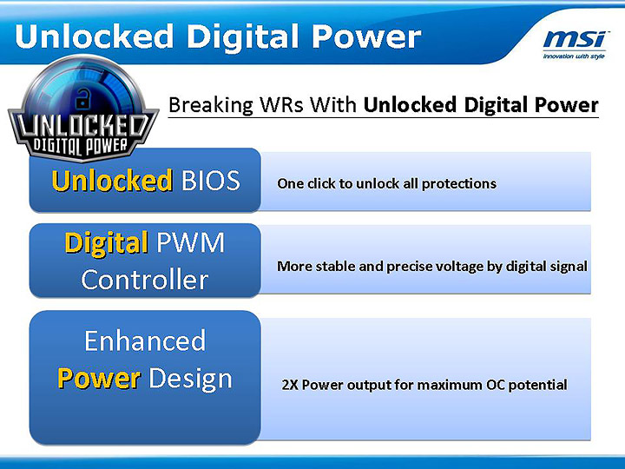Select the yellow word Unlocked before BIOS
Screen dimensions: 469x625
112,181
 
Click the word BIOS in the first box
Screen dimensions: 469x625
209,181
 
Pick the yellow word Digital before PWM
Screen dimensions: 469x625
106,242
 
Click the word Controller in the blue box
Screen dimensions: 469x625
145,280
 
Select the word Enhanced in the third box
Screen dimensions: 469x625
145,340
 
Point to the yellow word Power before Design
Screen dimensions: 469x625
98,379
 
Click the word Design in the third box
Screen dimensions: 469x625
190,379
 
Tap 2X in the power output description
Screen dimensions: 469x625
290,385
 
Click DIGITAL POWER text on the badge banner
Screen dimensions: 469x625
82,144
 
